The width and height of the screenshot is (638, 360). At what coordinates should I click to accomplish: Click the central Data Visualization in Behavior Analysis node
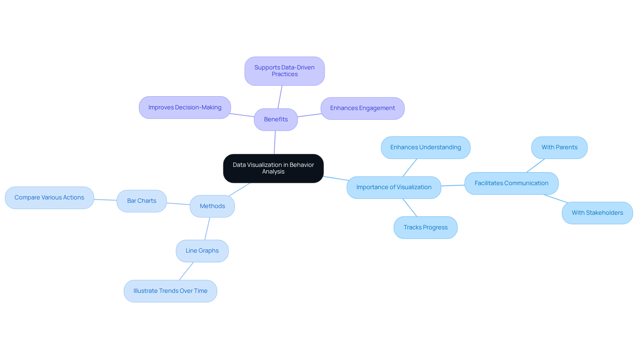click(x=273, y=168)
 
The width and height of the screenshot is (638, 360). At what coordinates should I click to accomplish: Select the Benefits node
click(x=276, y=119)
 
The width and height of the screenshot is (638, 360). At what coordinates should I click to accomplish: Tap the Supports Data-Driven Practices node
click(x=284, y=71)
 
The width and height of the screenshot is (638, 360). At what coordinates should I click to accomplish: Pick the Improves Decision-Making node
click(x=185, y=107)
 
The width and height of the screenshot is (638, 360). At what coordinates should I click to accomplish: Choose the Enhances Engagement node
click(x=362, y=108)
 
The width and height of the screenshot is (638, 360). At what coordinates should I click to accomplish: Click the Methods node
click(x=212, y=206)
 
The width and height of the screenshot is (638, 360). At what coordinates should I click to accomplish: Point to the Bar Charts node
click(x=142, y=201)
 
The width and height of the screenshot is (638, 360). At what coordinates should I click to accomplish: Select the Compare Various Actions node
click(x=49, y=197)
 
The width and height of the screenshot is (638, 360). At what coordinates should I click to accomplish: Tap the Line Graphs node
click(x=202, y=251)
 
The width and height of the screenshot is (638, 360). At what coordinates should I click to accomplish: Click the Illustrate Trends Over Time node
click(x=170, y=291)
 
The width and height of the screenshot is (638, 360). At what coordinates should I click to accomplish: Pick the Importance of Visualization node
click(x=394, y=187)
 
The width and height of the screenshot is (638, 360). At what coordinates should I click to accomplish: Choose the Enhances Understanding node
click(x=425, y=147)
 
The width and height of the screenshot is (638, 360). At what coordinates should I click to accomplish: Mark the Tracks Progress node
click(x=425, y=227)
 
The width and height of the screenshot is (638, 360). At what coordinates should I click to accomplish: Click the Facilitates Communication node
click(x=511, y=183)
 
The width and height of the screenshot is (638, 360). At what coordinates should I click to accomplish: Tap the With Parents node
click(x=559, y=147)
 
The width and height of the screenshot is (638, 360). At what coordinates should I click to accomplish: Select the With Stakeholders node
click(x=597, y=213)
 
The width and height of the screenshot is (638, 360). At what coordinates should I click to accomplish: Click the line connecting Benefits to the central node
click(x=275, y=142)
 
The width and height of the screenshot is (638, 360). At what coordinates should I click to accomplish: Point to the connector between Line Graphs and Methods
click(x=207, y=228)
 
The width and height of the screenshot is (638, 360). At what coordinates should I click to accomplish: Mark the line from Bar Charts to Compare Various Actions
click(x=105, y=200)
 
